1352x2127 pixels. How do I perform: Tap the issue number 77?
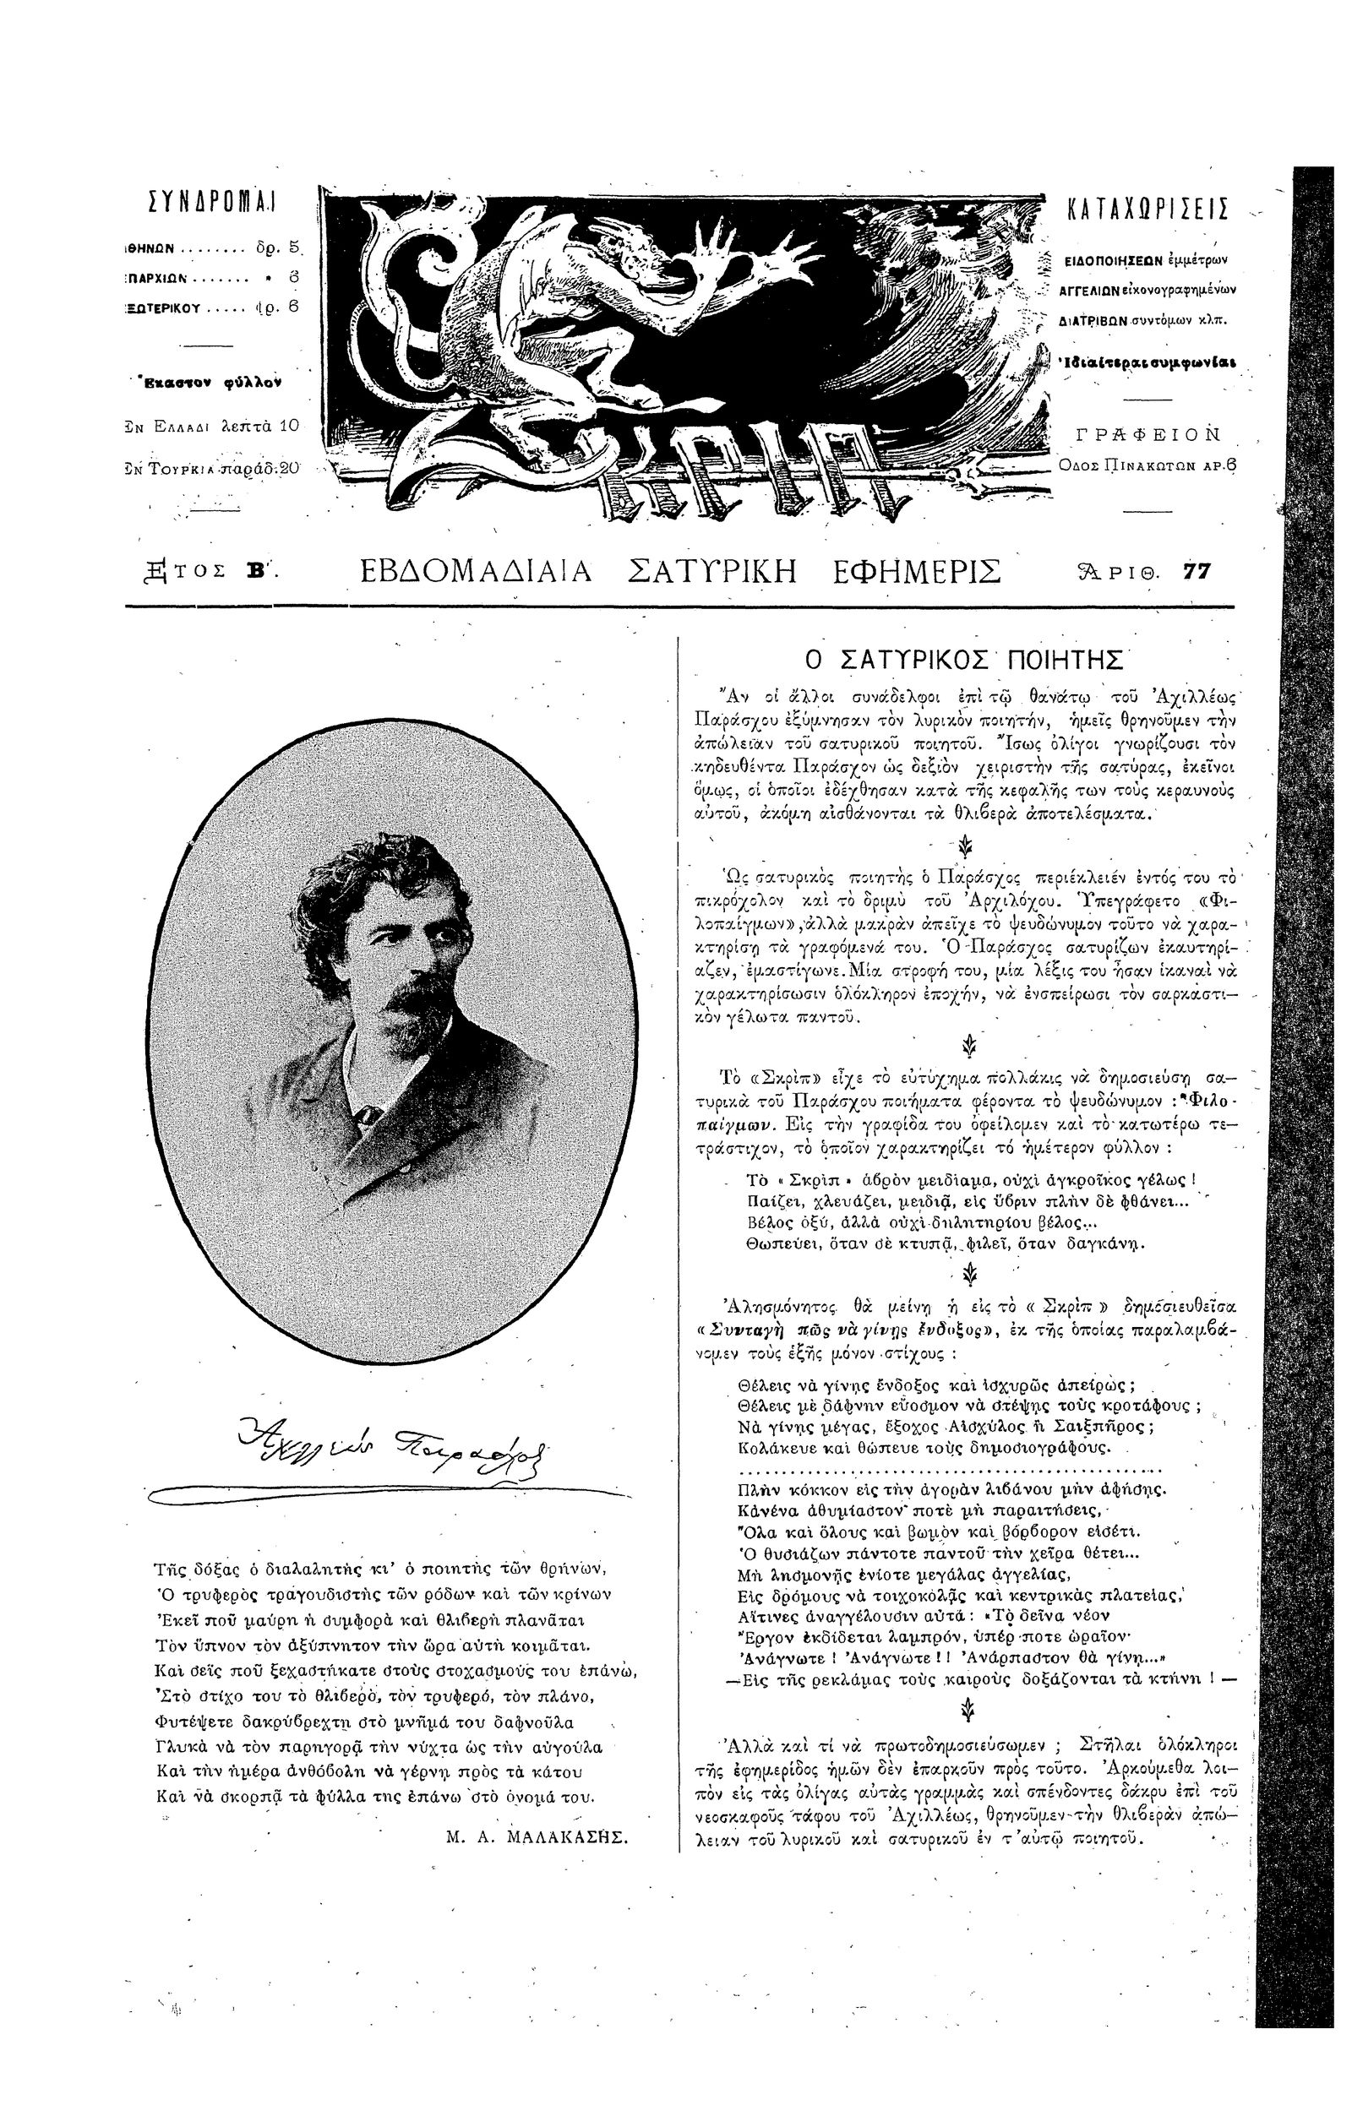tap(1197, 572)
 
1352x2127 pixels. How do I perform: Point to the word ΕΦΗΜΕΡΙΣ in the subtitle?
tap(917, 572)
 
